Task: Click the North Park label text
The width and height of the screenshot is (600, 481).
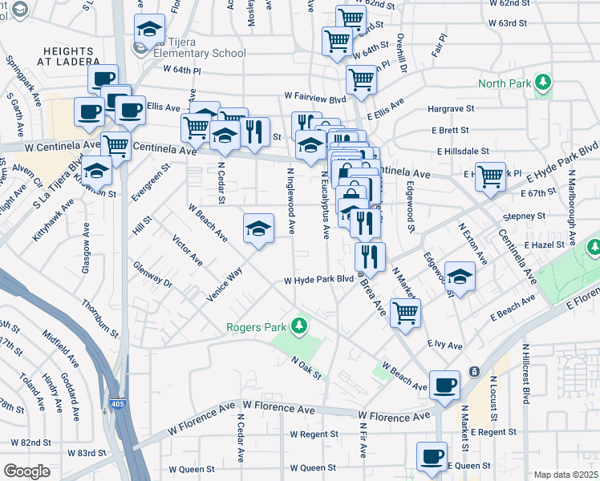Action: click(505, 83)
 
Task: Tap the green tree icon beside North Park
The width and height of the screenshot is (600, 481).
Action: click(544, 83)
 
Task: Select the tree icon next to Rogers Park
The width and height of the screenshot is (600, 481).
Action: click(299, 325)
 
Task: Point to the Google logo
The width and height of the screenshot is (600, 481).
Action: click(26, 471)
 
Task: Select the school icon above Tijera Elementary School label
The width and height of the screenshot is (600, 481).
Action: click(150, 30)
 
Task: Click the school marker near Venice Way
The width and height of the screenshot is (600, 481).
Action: click(258, 229)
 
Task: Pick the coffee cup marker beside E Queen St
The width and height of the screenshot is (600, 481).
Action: click(432, 456)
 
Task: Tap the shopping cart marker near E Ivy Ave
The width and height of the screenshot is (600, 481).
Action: click(406, 312)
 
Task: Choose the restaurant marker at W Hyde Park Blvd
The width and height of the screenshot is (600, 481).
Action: click(370, 257)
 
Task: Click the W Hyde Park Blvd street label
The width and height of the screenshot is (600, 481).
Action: click(318, 280)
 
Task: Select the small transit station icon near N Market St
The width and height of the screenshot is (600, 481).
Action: click(475, 372)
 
